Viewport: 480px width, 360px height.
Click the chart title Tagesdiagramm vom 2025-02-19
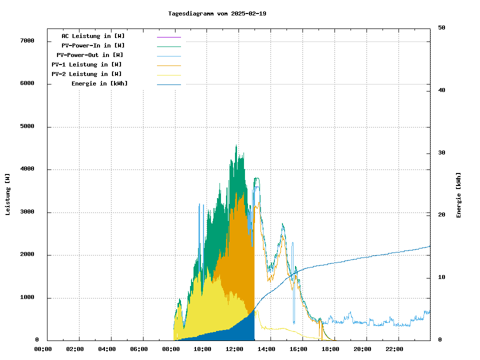(217, 13)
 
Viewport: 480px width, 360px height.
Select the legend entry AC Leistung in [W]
(93, 36)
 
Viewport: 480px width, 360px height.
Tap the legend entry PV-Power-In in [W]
(93, 45)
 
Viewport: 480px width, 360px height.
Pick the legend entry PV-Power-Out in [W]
(90, 55)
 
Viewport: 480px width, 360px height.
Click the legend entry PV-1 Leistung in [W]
(86, 64)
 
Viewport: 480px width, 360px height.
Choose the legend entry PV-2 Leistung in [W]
(86, 74)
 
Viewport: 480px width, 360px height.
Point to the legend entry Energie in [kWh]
(99, 83)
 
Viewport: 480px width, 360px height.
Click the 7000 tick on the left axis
(27, 40)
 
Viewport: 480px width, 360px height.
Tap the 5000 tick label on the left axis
(27, 126)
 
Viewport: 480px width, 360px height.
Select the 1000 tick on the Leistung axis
(27, 298)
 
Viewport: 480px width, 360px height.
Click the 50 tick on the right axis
(441, 28)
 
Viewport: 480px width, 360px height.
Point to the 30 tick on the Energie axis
(441, 152)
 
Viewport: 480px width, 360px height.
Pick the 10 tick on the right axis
(441, 277)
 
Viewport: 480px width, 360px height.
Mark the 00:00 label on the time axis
(43, 349)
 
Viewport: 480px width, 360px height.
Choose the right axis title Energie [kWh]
(459, 195)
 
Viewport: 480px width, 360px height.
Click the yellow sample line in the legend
(168, 74)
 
